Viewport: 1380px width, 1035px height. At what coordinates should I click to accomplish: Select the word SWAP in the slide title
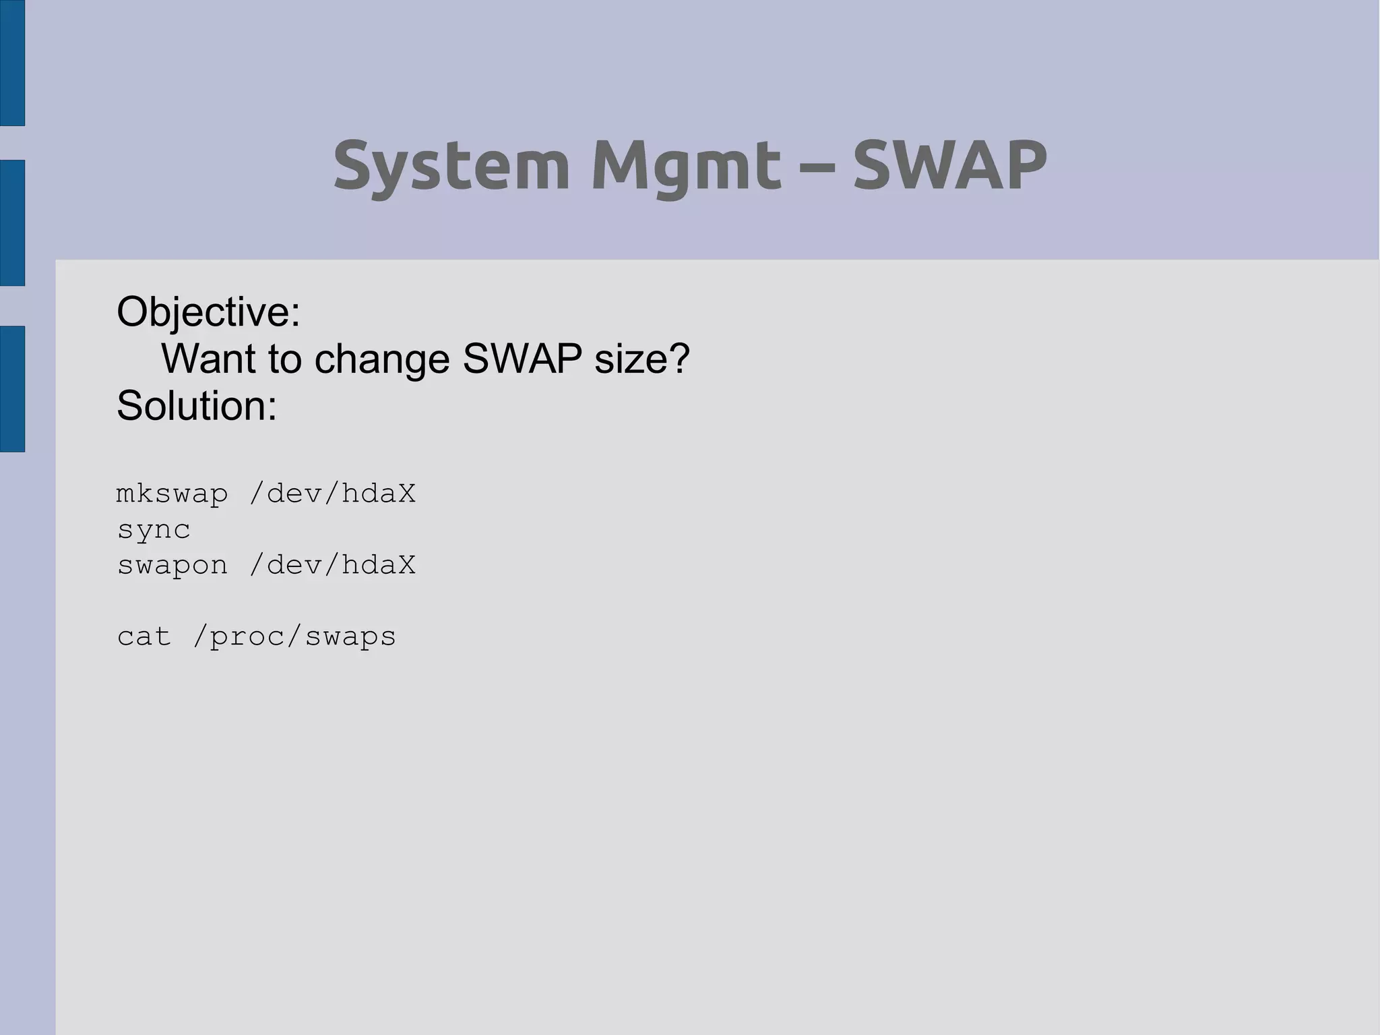tap(949, 165)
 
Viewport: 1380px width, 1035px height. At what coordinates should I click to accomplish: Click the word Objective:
tap(208, 313)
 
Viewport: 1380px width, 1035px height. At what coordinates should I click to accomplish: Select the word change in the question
tap(382, 360)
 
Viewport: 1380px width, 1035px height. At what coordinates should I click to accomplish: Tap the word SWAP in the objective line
tap(522, 359)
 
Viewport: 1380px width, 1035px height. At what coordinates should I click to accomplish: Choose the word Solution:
tap(197, 406)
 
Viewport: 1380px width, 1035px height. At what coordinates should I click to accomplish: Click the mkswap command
tap(172, 495)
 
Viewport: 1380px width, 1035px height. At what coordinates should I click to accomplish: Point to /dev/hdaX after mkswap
tap(332, 494)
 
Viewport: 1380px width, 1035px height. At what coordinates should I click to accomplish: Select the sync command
tap(154, 531)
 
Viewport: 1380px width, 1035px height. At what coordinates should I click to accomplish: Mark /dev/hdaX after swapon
tap(332, 565)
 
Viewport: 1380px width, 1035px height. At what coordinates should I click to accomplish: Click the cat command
tap(144, 637)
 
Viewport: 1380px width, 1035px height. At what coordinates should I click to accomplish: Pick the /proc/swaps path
tap(294, 637)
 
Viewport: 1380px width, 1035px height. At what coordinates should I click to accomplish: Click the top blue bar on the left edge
tap(12, 63)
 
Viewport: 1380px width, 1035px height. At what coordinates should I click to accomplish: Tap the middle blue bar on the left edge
tap(12, 223)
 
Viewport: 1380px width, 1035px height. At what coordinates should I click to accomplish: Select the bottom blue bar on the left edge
tap(12, 388)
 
